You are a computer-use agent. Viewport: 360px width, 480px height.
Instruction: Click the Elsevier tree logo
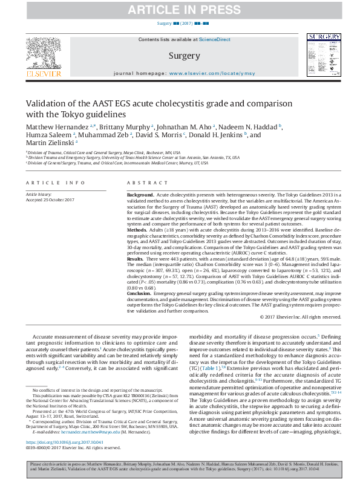click(43, 56)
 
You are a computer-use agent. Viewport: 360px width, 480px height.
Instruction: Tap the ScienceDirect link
click(215, 39)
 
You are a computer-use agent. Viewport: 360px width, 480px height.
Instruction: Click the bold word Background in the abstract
click(140, 195)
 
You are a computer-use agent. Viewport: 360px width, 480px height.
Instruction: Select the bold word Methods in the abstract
click(137, 247)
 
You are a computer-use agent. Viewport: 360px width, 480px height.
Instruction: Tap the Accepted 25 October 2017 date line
click(50, 200)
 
